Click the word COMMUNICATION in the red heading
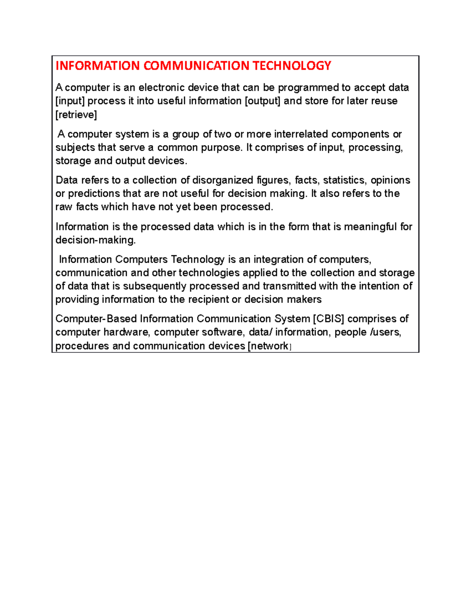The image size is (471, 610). point(196,66)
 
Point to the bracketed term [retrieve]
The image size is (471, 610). point(76,115)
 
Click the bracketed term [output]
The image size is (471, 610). point(263,101)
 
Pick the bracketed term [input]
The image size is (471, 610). point(70,101)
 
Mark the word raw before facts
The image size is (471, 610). point(64,207)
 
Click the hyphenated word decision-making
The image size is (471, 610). point(95,240)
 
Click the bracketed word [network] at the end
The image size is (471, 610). point(269,346)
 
